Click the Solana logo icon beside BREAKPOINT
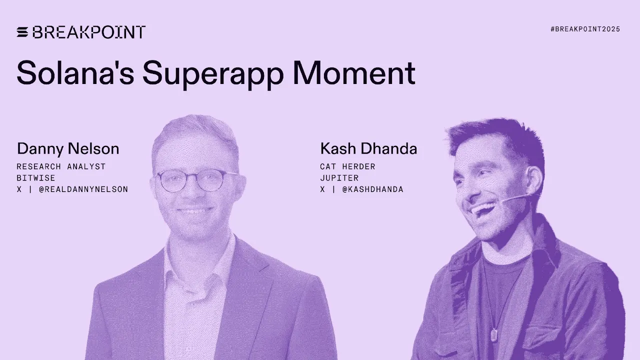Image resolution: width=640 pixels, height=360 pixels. [x=23, y=32]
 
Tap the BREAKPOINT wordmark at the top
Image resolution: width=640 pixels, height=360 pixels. [x=89, y=32]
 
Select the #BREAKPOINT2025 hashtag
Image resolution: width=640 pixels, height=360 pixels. [x=585, y=29]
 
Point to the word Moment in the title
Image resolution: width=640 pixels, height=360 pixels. [x=354, y=73]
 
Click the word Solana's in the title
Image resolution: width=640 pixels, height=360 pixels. [x=75, y=73]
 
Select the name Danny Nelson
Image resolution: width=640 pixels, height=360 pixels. [x=68, y=148]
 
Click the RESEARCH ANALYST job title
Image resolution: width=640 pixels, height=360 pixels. [x=61, y=166]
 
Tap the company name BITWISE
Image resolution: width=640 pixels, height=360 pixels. [x=36, y=178]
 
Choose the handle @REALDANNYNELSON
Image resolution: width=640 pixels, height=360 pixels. [x=83, y=189]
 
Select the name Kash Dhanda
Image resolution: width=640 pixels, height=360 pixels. [x=368, y=148]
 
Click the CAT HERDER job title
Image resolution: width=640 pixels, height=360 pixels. [x=347, y=166]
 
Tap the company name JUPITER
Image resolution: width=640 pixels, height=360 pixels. [x=339, y=178]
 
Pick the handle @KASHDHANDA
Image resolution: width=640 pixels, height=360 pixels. [x=373, y=189]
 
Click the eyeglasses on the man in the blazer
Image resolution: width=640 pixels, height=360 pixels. [x=197, y=180]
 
